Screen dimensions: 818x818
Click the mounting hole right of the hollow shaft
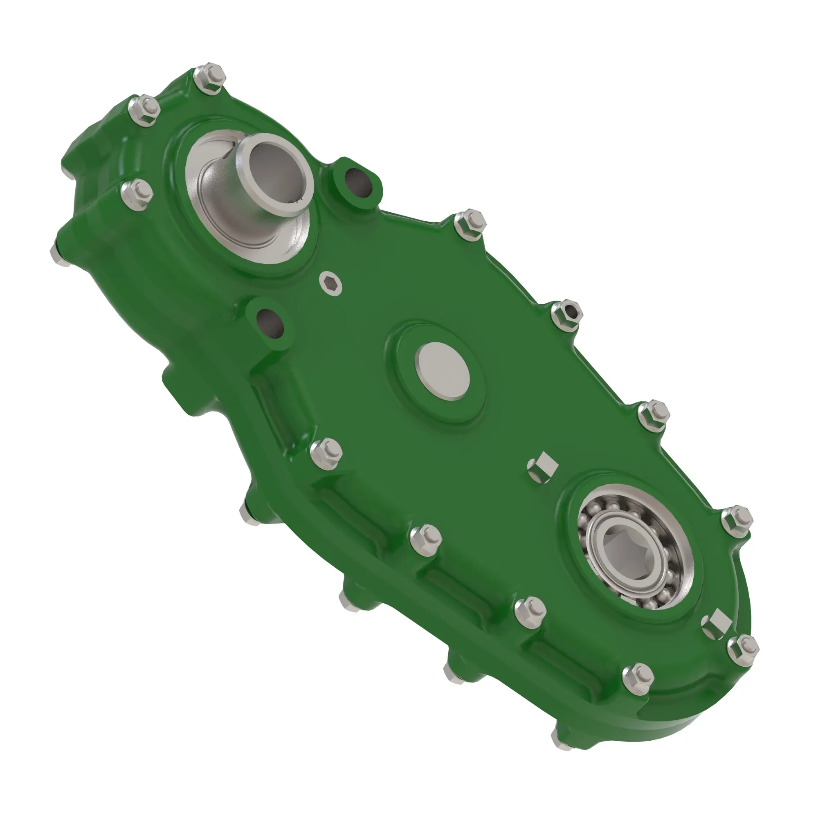(358, 182)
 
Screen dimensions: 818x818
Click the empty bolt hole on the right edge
(568, 314)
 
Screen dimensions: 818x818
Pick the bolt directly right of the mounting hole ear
(470, 224)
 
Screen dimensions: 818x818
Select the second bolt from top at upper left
(144, 111)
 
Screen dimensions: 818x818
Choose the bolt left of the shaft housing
(136, 194)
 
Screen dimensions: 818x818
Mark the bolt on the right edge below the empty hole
(654, 415)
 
